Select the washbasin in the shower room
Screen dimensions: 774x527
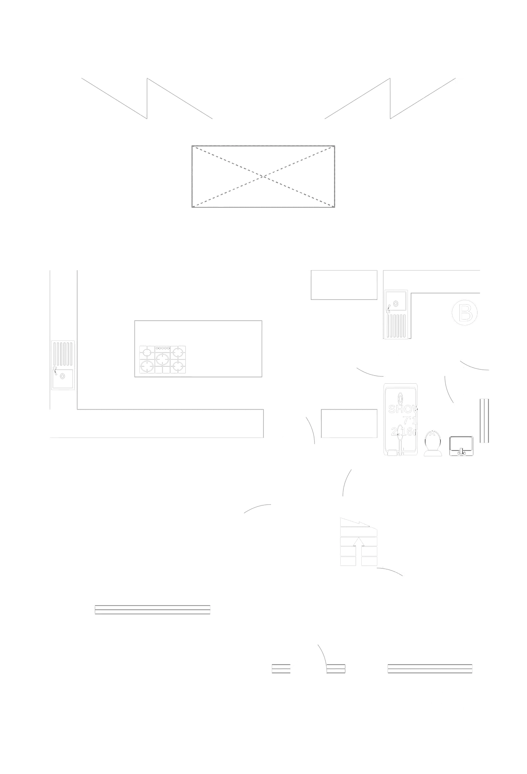(x=462, y=446)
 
